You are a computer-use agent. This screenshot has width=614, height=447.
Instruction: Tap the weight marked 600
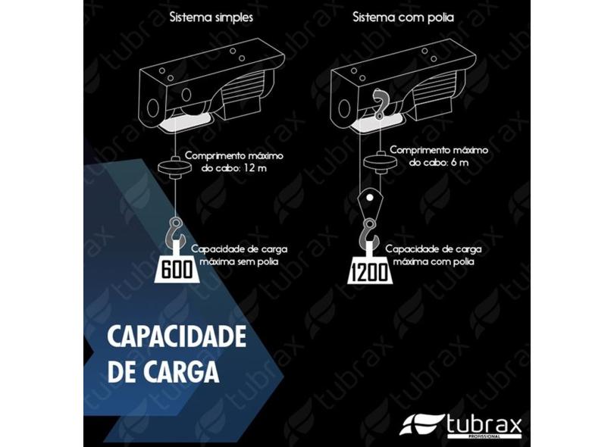click(x=176, y=269)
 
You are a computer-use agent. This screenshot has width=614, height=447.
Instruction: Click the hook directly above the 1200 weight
click(x=369, y=233)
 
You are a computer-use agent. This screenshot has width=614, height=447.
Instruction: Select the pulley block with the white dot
click(x=368, y=202)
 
